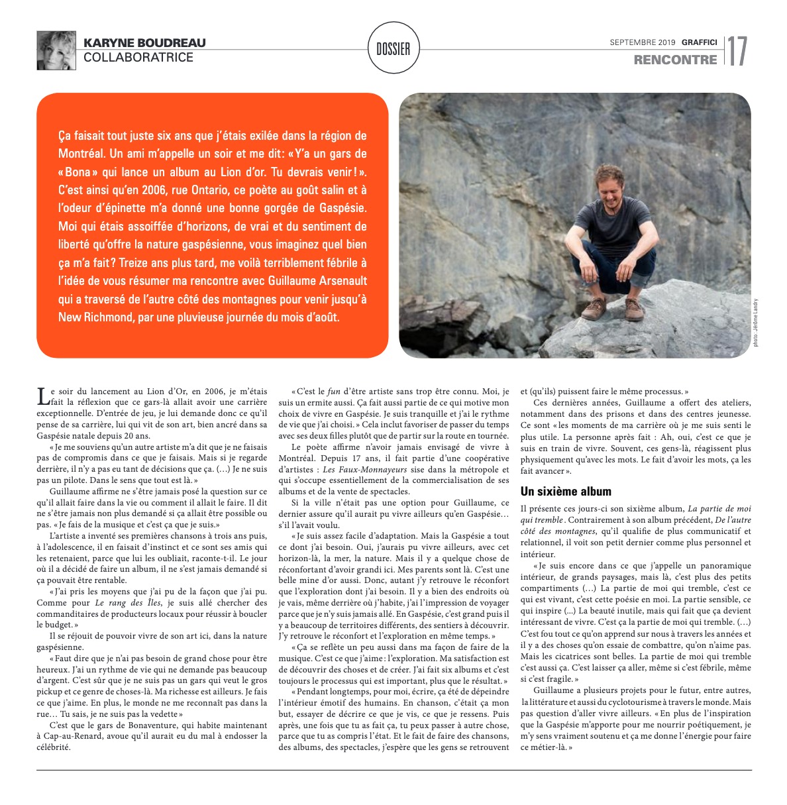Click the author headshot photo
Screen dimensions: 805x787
[x=56, y=50]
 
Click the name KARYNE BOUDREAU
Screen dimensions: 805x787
[x=144, y=43]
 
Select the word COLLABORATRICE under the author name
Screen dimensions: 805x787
[x=138, y=58]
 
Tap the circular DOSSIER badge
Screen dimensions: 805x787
[x=393, y=49]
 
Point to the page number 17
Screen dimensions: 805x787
[x=737, y=51]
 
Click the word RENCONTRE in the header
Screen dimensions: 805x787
[x=675, y=60]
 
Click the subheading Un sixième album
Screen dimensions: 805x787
[x=566, y=492]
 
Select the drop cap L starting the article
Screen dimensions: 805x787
[x=43, y=396]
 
